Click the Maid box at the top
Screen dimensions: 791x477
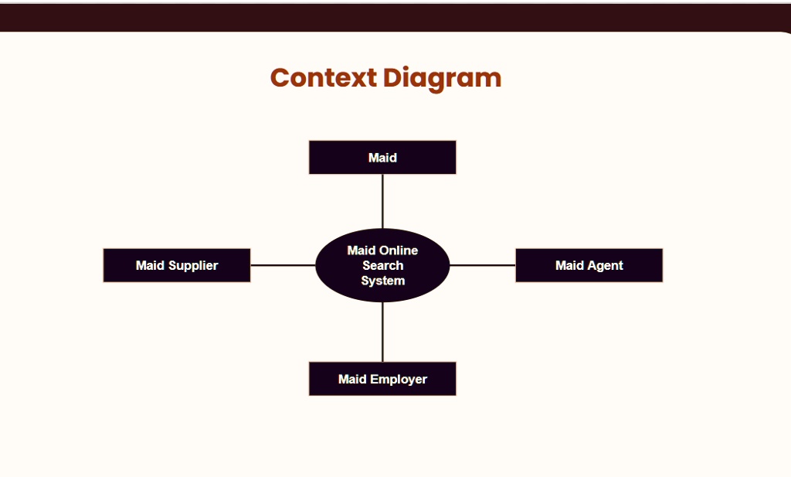click(x=382, y=158)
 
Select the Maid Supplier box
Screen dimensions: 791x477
click(x=177, y=265)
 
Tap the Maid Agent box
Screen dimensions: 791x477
click(x=589, y=265)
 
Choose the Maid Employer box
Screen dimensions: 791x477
click(x=382, y=379)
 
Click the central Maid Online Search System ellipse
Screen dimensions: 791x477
click(x=382, y=265)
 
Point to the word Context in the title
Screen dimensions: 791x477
click(x=324, y=78)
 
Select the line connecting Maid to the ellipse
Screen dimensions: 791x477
click(x=382, y=202)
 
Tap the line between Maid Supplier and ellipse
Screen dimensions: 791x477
click(x=283, y=265)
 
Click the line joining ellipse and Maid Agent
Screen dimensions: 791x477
click(x=483, y=265)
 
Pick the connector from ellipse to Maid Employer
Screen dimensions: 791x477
click(x=382, y=332)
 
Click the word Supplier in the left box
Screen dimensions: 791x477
click(x=193, y=266)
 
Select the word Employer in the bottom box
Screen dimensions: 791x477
click(x=399, y=380)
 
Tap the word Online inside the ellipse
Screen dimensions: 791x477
click(x=399, y=250)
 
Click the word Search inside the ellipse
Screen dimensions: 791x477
click(x=383, y=265)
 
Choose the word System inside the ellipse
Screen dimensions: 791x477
click(x=383, y=281)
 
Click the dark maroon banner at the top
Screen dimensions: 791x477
click(x=395, y=18)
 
